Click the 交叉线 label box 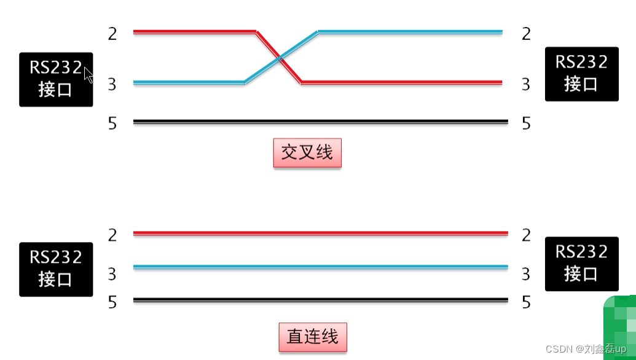(307, 152)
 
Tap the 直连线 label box (313, 337)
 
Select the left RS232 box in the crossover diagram (56, 79)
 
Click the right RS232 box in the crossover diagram (581, 74)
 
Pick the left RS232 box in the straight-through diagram (56, 269)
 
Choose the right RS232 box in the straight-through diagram (581, 264)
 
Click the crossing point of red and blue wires (280, 58)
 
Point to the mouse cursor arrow (88, 76)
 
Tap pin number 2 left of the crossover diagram (112, 34)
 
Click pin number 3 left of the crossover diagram (112, 85)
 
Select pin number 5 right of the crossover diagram (526, 123)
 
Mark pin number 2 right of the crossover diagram (526, 34)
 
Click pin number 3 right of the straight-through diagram (526, 273)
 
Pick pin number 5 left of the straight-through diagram (112, 302)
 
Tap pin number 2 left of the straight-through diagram (112, 235)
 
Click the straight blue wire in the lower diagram (320, 267)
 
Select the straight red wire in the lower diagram (320, 233)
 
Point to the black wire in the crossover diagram (320, 122)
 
